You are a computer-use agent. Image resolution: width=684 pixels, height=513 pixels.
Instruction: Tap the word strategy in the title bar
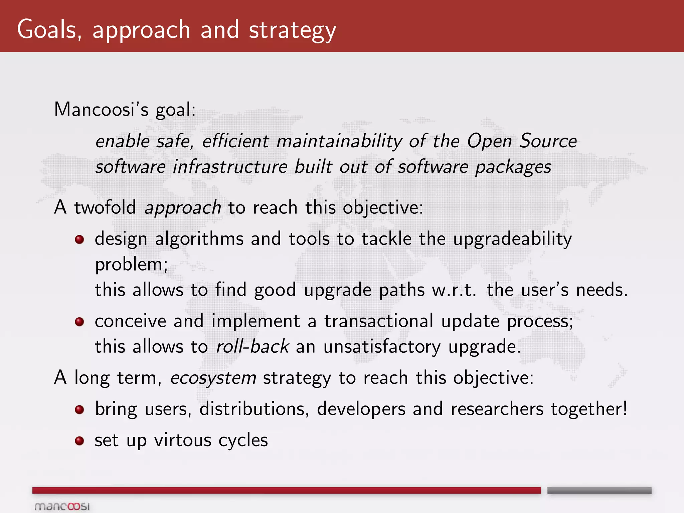click(x=292, y=31)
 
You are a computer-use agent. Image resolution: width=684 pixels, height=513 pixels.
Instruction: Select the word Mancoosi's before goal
click(x=101, y=109)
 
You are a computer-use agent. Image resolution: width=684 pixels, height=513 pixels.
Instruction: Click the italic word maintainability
click(x=339, y=141)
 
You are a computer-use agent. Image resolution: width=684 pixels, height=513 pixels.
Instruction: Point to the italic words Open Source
click(x=522, y=141)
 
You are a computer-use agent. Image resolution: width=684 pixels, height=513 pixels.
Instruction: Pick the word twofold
click(x=105, y=207)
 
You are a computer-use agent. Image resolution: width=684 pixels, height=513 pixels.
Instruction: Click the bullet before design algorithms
click(x=79, y=239)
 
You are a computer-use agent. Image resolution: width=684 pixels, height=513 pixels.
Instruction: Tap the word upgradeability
click(x=512, y=239)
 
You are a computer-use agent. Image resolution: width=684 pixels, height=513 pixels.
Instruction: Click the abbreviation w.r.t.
click(x=454, y=290)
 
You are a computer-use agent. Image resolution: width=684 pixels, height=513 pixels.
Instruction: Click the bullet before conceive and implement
click(x=79, y=322)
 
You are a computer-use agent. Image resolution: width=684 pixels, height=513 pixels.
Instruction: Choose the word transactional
click(x=379, y=321)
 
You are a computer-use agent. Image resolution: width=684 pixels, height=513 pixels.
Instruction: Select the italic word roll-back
click(x=252, y=346)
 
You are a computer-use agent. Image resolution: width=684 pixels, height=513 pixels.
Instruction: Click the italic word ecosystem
click(x=213, y=378)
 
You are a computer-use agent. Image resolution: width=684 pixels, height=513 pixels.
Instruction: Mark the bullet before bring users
click(x=79, y=409)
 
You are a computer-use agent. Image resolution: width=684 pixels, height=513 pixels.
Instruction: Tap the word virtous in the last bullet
click(x=183, y=440)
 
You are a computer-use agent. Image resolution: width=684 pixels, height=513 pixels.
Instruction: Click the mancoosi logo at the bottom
click(x=62, y=506)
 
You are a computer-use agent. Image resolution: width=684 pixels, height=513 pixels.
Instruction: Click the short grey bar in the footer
click(x=599, y=490)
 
